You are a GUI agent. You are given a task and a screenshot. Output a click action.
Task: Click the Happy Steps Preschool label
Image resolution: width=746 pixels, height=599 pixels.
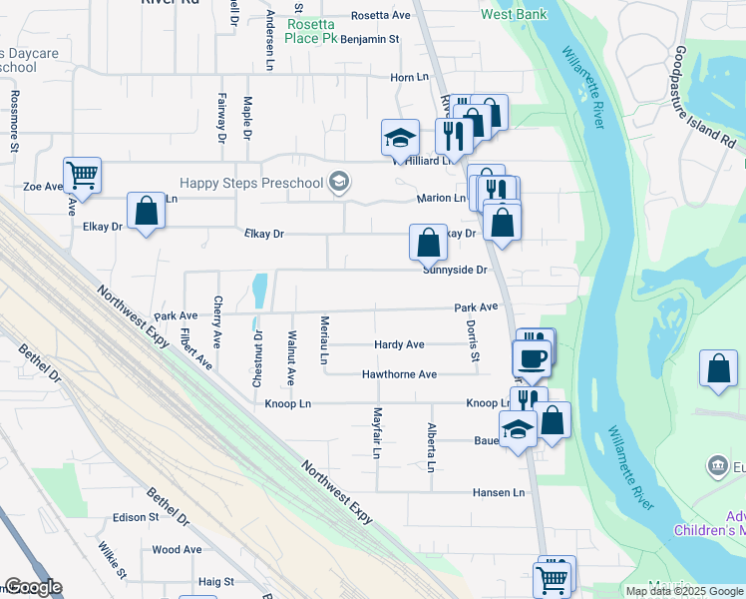click(252, 183)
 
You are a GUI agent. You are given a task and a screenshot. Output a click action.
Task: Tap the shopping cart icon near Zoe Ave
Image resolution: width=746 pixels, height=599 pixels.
click(83, 176)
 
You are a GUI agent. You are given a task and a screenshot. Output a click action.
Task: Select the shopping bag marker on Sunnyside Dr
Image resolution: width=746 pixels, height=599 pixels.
click(428, 242)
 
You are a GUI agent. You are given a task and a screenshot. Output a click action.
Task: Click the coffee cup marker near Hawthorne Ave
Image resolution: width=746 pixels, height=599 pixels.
click(531, 357)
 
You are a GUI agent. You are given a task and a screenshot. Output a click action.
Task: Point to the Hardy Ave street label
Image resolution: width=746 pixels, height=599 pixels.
click(399, 344)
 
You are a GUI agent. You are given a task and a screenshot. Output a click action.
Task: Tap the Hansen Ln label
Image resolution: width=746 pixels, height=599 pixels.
click(499, 492)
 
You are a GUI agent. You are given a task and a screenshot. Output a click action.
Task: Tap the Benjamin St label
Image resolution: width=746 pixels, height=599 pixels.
click(369, 39)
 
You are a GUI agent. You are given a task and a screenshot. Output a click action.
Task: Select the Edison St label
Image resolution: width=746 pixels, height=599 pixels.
click(136, 517)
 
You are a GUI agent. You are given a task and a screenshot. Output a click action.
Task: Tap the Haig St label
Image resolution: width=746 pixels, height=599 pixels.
click(215, 581)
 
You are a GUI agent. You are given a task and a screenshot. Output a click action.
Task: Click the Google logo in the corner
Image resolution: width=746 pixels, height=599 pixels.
click(33, 587)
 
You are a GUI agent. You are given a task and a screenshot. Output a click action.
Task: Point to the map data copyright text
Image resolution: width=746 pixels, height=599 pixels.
click(684, 591)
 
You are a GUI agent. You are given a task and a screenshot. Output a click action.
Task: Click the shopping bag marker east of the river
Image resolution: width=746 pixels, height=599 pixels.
click(718, 368)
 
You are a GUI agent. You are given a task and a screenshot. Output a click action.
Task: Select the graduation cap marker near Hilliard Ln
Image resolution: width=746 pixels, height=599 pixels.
click(400, 138)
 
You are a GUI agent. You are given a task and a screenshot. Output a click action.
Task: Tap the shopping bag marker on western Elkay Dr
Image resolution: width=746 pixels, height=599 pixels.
click(146, 212)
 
